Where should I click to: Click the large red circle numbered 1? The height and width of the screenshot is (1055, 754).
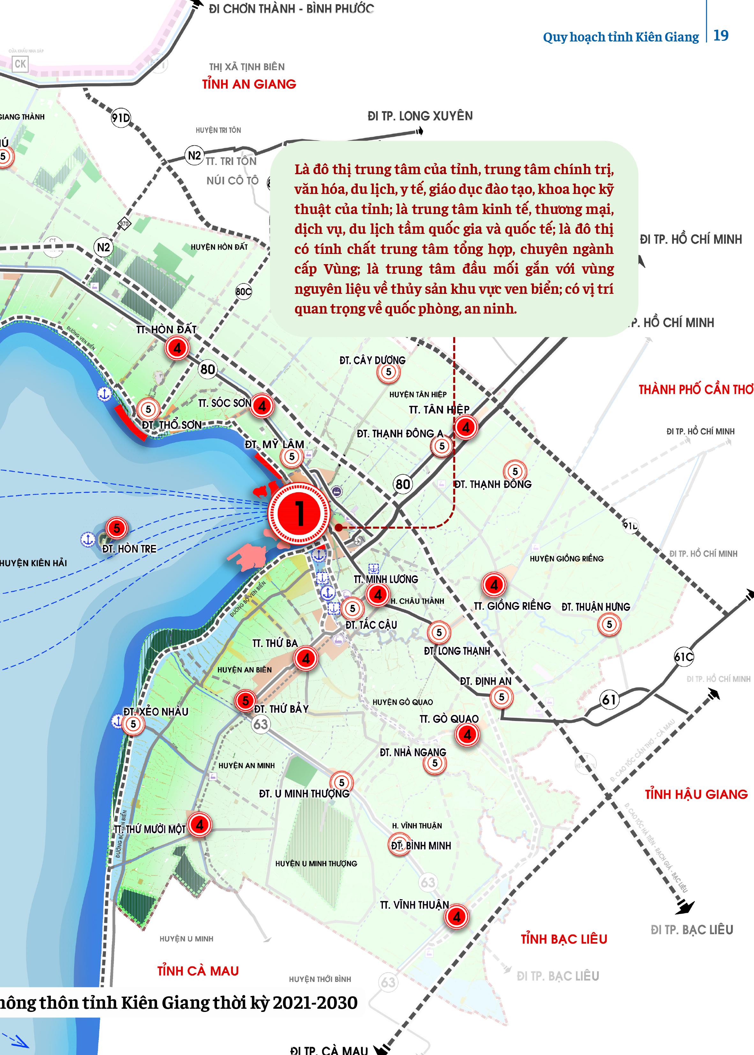[x=300, y=513]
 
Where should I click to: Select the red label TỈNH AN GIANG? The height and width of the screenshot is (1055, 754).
[x=249, y=84]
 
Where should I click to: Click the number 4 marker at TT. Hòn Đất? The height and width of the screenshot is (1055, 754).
[x=177, y=348]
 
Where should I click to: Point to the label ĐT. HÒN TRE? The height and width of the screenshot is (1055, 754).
[x=129, y=549]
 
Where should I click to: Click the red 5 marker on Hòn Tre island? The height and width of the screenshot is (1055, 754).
[x=116, y=528]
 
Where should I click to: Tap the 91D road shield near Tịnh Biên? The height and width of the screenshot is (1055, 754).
[x=121, y=118]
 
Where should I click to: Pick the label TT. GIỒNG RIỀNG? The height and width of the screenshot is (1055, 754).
[x=512, y=606]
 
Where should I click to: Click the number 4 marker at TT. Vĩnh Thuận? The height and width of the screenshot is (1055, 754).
[x=457, y=916]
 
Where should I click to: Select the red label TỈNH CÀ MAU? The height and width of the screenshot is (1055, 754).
[x=198, y=971]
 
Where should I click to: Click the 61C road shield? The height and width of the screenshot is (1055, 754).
[x=683, y=657]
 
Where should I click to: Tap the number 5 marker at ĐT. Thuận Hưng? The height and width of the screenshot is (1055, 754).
[x=609, y=624]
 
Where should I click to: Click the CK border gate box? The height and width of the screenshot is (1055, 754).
[x=20, y=64]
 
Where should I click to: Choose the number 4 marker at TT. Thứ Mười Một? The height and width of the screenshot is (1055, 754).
[x=200, y=825]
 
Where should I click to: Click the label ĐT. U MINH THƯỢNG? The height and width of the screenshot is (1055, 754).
[x=304, y=794]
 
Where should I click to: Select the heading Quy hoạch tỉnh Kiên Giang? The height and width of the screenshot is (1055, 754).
[x=621, y=37]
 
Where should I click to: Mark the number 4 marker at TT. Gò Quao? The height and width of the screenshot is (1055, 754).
[x=467, y=734]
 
